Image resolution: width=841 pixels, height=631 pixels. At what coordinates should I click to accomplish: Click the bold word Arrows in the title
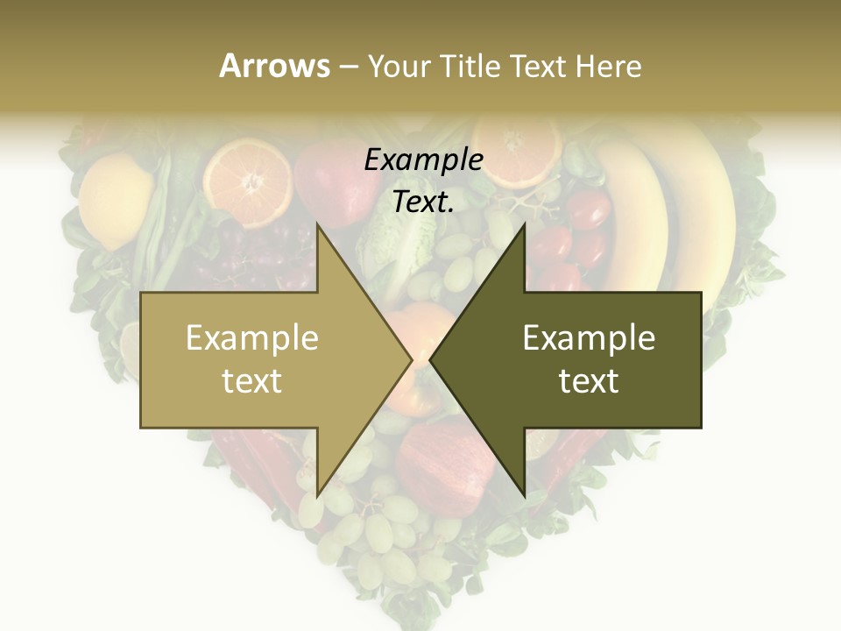click(x=274, y=66)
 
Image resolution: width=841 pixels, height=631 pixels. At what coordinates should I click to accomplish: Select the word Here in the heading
click(x=608, y=66)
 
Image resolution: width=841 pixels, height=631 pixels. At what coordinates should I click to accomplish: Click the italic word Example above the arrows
click(x=423, y=160)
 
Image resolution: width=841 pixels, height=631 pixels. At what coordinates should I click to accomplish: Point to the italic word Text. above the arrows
click(x=423, y=202)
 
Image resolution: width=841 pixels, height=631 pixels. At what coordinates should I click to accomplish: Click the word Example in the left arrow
click(x=252, y=338)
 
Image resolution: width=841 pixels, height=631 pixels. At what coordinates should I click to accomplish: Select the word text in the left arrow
click(x=252, y=381)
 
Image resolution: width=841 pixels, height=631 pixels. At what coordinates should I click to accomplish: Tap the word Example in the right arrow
click(x=589, y=338)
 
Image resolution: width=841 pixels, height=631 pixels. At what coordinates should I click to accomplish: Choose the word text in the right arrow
click(x=589, y=381)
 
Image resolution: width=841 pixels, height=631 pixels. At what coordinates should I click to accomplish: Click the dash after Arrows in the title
click(x=347, y=67)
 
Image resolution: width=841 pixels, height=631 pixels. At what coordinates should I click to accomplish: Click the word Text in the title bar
click(x=538, y=66)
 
